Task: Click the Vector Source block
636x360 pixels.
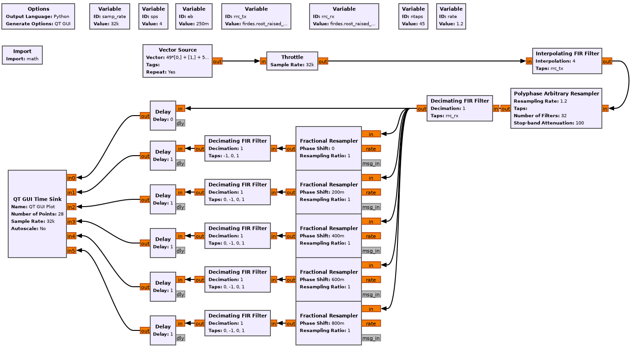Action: point(177,61)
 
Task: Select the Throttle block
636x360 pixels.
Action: point(292,61)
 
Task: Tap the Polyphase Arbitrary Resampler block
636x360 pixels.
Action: point(556,108)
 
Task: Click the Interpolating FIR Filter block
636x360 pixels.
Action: point(567,61)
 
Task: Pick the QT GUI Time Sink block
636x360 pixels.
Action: point(37,214)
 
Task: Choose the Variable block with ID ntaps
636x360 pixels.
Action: point(413,16)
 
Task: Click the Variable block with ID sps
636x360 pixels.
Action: point(153,16)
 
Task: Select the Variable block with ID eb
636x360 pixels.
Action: point(193,16)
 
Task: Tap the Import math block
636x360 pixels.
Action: point(22,55)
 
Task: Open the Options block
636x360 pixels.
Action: point(38,16)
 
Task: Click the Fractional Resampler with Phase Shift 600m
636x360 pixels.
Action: point(328,279)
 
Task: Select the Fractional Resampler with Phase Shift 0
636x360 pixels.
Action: point(328,148)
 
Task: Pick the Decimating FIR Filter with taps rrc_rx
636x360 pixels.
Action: point(459,108)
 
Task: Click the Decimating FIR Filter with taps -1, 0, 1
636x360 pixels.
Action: point(237,148)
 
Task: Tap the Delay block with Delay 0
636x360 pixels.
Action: point(163,116)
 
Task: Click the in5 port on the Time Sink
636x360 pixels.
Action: point(71,250)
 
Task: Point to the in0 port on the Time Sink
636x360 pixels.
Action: point(71,177)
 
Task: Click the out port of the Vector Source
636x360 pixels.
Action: point(217,61)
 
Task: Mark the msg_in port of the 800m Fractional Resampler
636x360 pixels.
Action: point(371,338)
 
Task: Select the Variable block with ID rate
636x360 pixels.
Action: point(451,16)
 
